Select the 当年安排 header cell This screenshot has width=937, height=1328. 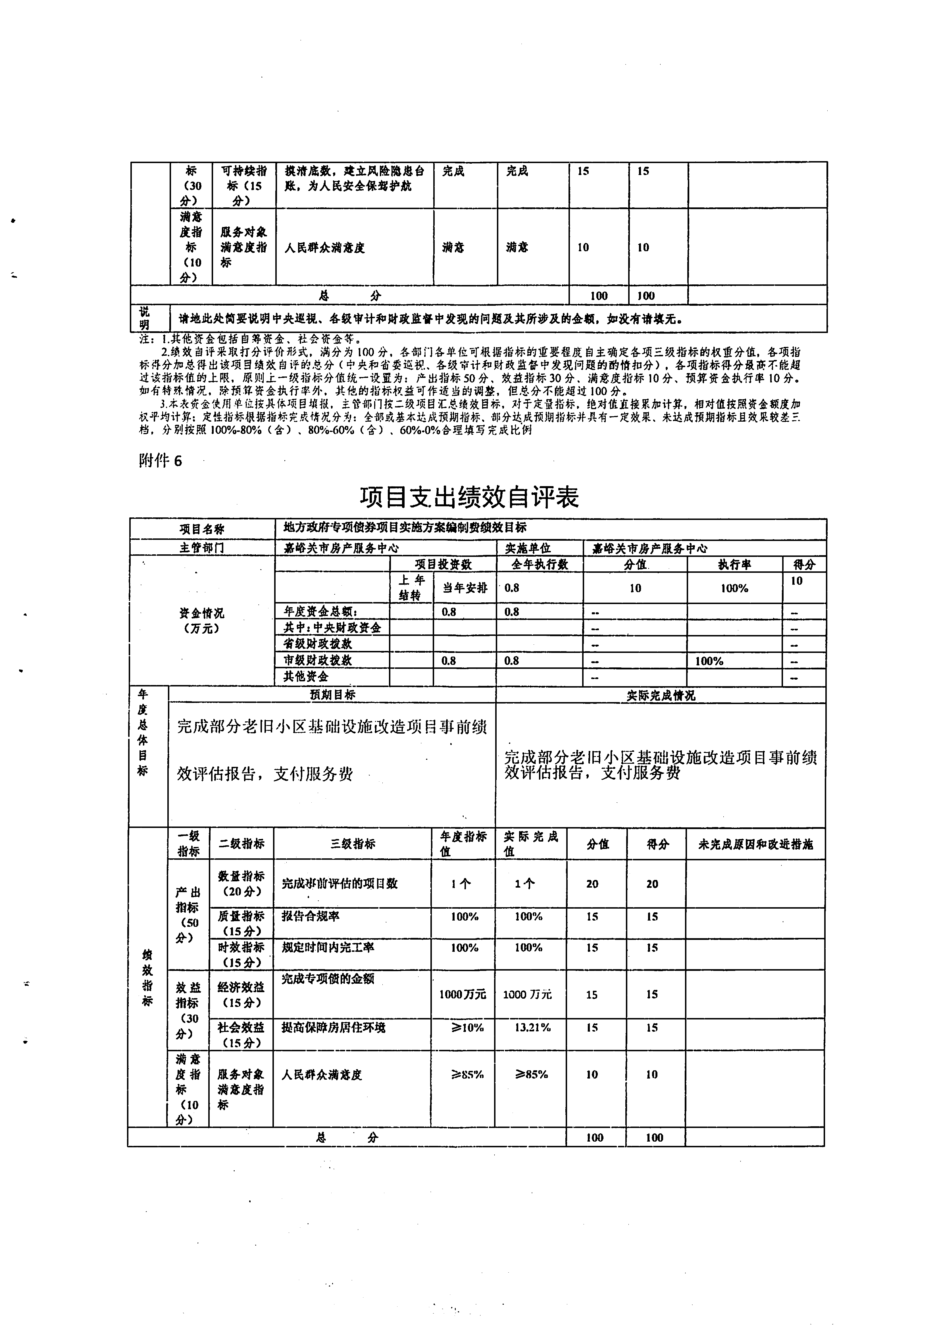click(465, 588)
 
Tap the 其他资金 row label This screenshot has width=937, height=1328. click(306, 676)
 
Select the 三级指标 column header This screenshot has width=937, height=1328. click(352, 844)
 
